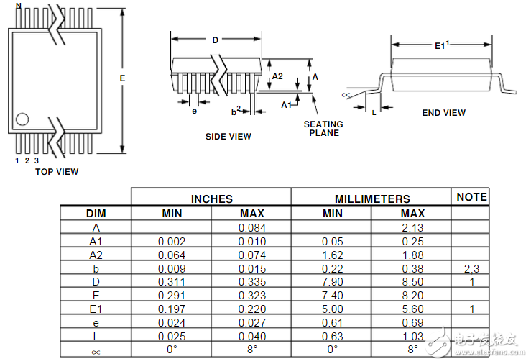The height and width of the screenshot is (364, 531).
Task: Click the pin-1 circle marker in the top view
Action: (x=22, y=119)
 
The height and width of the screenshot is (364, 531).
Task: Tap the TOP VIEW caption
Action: (x=57, y=172)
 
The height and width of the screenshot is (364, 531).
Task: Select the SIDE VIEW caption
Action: (x=228, y=137)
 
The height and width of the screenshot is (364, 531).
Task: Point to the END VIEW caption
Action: (x=443, y=113)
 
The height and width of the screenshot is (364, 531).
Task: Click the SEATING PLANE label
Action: (x=323, y=129)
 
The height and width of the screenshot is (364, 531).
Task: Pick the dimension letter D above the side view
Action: (x=216, y=40)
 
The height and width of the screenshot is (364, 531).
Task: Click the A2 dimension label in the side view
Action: (x=277, y=76)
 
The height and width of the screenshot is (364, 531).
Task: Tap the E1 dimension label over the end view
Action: (x=442, y=45)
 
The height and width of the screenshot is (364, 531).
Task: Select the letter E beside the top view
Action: (x=122, y=78)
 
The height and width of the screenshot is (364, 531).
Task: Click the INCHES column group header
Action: (x=212, y=199)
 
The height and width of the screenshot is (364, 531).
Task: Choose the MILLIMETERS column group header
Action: (x=372, y=199)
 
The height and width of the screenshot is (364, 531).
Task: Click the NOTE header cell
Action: (x=471, y=197)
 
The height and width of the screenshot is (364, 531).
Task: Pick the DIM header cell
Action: (x=96, y=214)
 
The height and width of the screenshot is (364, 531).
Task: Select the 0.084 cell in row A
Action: (x=252, y=228)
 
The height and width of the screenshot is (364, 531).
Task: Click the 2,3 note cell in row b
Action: (x=471, y=269)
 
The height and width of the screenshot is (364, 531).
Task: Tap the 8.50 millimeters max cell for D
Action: (x=412, y=282)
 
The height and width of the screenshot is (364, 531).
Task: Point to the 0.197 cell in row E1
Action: (x=172, y=309)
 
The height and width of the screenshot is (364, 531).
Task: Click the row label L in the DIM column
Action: (x=96, y=336)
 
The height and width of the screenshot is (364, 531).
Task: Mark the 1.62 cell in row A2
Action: (x=332, y=255)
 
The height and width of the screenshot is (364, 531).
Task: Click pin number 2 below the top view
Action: (x=27, y=160)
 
